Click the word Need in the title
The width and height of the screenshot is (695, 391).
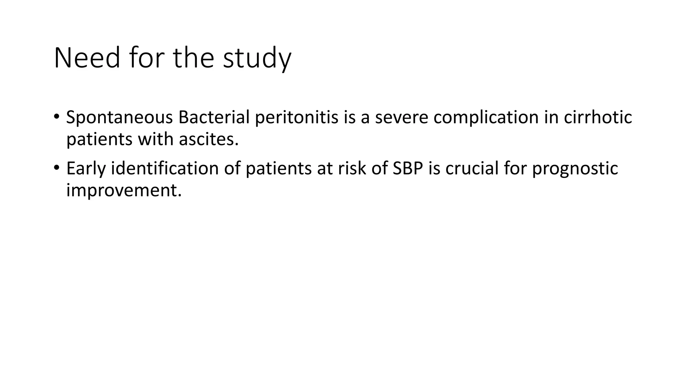click(87, 58)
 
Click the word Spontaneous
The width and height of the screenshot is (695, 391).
click(119, 117)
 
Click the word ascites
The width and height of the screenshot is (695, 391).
click(209, 139)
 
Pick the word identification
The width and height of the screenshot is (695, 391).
click(165, 168)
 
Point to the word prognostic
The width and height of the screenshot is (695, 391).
click(575, 168)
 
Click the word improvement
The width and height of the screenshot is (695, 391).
click(124, 190)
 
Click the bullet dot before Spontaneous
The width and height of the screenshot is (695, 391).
click(56, 116)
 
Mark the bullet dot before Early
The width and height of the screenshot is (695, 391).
click(56, 167)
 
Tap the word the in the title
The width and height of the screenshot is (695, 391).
click(193, 58)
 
